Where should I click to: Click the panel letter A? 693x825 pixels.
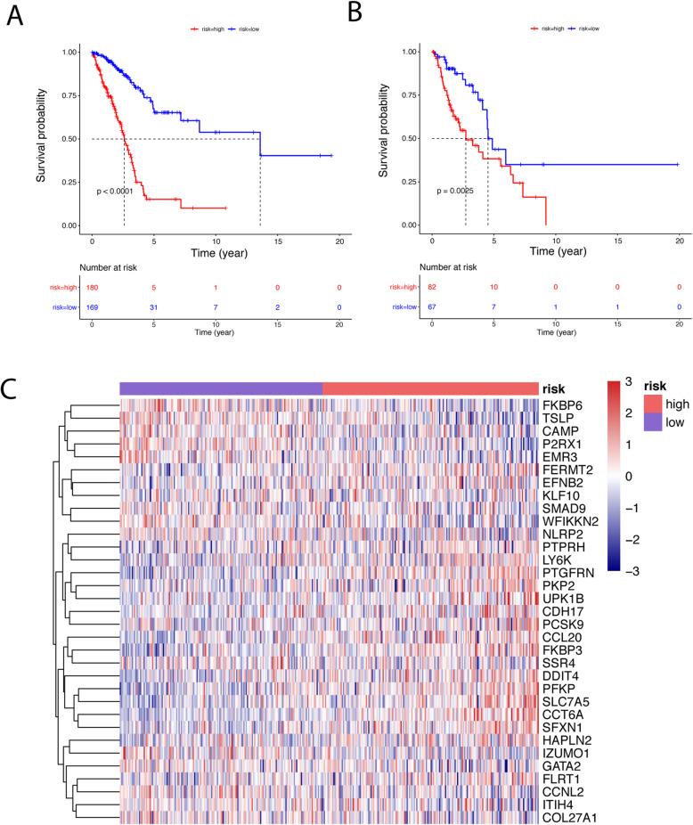click(x=15, y=15)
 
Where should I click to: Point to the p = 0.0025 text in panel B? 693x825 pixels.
click(x=456, y=191)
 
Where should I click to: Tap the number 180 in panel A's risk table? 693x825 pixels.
click(x=92, y=288)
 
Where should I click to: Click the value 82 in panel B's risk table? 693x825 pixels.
click(x=432, y=288)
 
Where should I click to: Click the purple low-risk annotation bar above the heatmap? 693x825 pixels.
click(x=221, y=388)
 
